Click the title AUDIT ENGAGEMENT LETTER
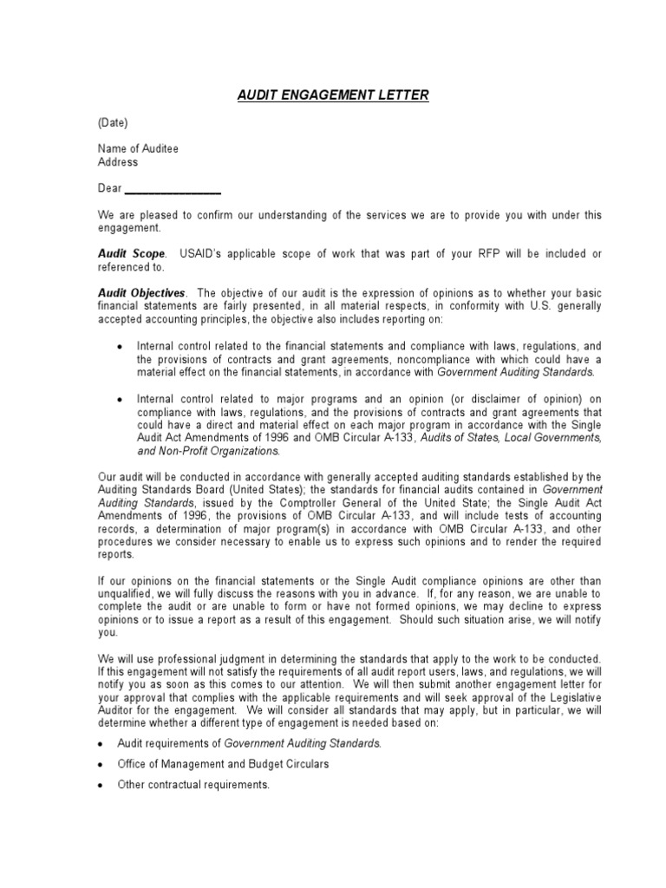pos(333,95)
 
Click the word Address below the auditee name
pos(117,162)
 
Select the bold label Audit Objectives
pos(140,293)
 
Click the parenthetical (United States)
pos(251,489)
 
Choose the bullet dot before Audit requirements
pos(101,744)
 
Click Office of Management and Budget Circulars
pos(223,764)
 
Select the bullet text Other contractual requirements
pos(193,785)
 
